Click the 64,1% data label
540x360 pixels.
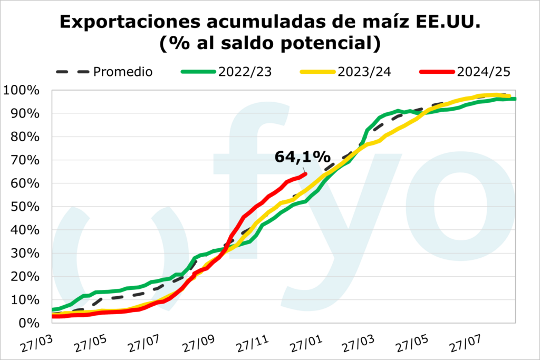[302, 157]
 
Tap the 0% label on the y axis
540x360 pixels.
[26, 323]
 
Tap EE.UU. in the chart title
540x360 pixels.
[451, 22]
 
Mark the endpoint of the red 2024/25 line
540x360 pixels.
[305, 173]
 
